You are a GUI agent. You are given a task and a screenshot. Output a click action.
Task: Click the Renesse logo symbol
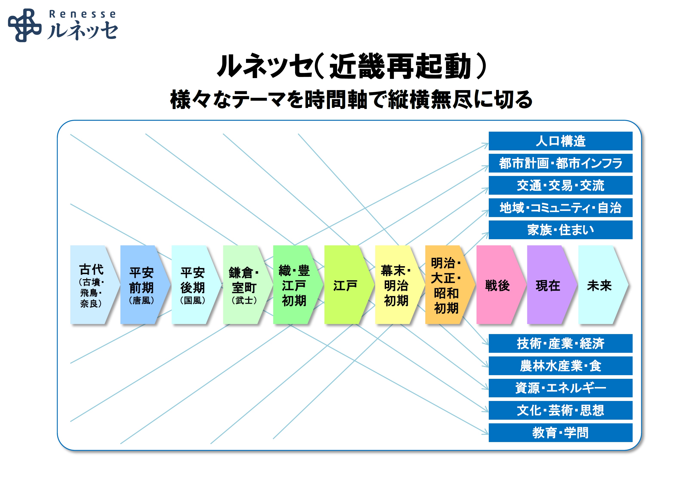[x=25, y=25]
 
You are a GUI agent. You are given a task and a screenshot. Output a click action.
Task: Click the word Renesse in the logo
[x=82, y=14]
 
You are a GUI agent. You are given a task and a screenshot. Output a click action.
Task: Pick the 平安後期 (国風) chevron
[x=196, y=285]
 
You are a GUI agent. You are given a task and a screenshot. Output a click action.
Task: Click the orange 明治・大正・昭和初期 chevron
[x=450, y=285]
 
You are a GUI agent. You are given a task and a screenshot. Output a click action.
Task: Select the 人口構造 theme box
[x=560, y=141]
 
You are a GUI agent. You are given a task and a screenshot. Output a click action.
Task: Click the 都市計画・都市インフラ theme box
[x=560, y=163]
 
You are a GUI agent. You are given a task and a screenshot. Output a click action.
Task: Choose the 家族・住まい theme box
[x=560, y=230]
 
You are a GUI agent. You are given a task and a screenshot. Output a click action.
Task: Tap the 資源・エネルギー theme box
[x=560, y=388]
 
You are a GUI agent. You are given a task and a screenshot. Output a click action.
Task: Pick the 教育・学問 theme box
[x=560, y=432]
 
